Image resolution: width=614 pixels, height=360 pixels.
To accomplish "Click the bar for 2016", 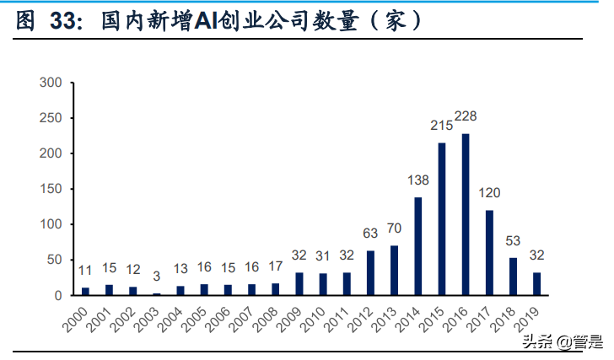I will (465, 214).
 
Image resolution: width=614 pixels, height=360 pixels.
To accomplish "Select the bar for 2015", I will (441, 219).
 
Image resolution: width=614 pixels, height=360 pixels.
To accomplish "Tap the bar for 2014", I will (417, 246).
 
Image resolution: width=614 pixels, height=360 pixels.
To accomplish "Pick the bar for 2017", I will (489, 252).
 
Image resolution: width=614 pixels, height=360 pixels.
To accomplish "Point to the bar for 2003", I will (156, 293).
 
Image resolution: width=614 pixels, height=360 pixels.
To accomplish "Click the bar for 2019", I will (536, 283).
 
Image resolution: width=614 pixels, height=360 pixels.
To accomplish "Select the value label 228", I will (466, 116).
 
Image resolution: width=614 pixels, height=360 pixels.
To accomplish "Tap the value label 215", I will (441, 126).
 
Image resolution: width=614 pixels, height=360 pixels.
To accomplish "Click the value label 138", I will (419, 180).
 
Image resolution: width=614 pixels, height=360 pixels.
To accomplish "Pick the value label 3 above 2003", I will (156, 276).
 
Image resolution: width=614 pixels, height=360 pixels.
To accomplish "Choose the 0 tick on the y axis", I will (58, 295).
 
